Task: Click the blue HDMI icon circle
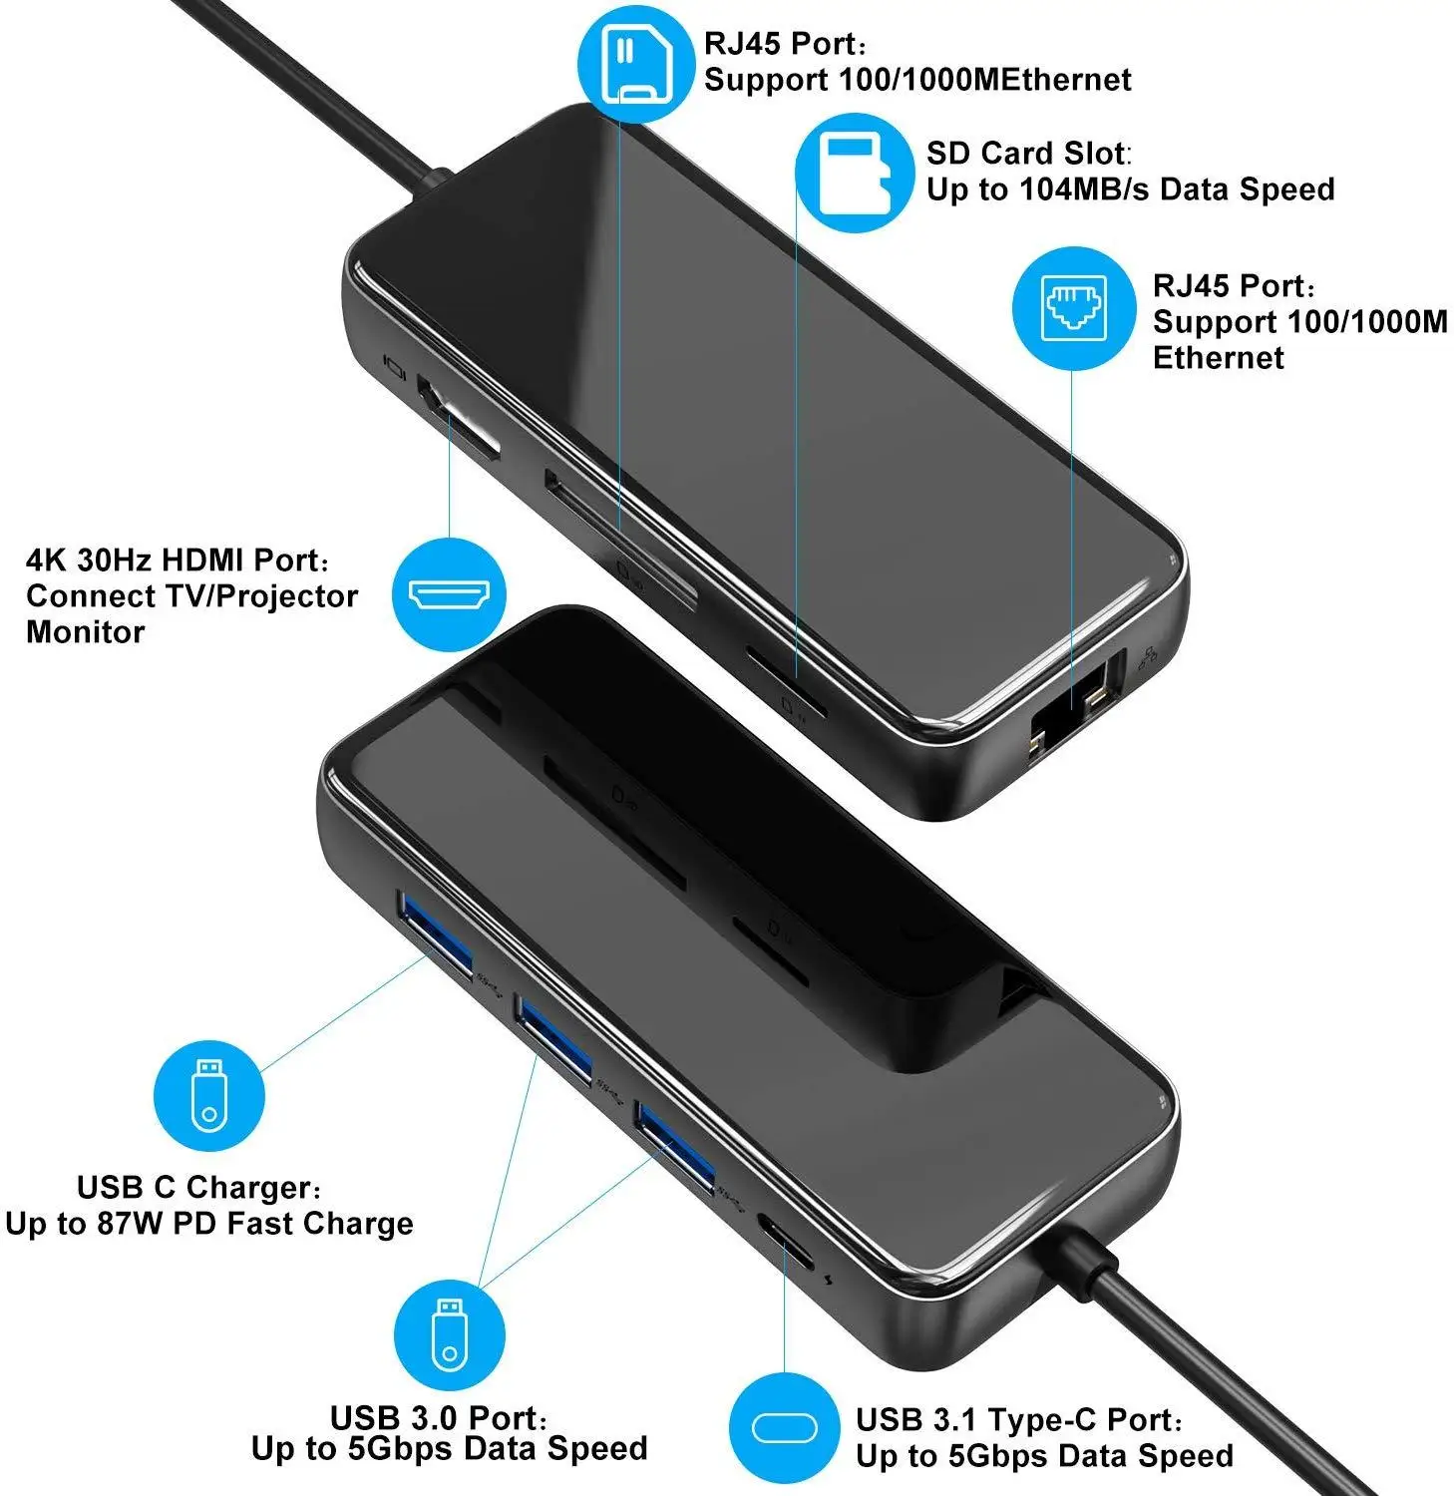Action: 450,595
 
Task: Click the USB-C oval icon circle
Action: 784,1428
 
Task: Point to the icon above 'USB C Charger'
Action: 208,1095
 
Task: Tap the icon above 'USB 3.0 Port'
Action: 450,1334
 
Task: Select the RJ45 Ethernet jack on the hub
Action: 1072,710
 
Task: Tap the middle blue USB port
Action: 554,1040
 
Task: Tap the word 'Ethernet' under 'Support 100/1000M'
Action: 1219,358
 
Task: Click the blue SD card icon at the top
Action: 636,63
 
